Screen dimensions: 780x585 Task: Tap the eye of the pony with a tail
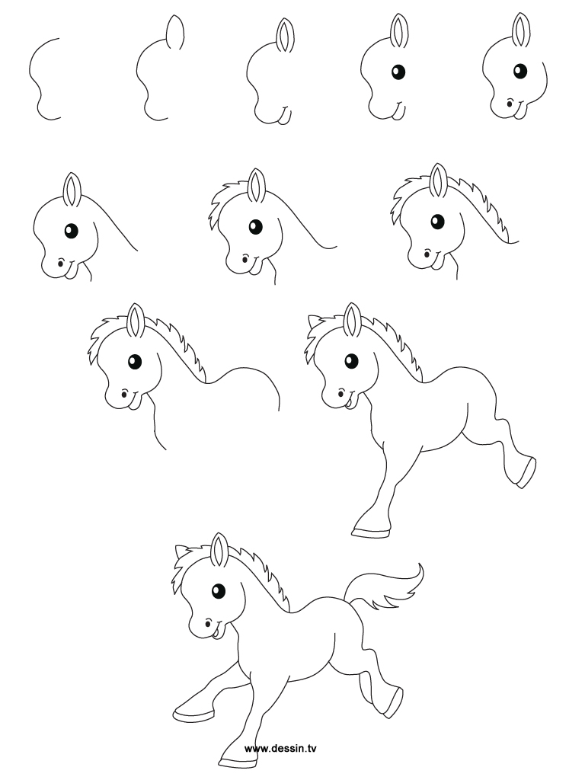(x=219, y=589)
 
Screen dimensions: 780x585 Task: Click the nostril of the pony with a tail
(x=204, y=625)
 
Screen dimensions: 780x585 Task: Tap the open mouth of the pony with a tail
(x=216, y=630)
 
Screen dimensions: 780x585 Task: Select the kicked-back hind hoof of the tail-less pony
(x=525, y=472)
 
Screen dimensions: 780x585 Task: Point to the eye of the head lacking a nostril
(x=397, y=72)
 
